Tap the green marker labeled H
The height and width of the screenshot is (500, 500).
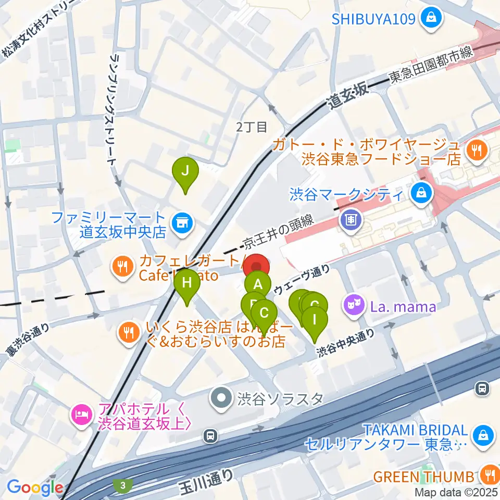186,284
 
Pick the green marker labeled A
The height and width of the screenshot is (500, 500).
257,285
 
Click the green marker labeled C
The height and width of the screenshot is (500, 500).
264,314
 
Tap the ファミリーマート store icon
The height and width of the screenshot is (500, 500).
181,223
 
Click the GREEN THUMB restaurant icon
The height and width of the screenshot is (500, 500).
489,475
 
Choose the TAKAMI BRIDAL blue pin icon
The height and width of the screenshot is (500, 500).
482,433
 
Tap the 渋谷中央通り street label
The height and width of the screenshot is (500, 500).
346,345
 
